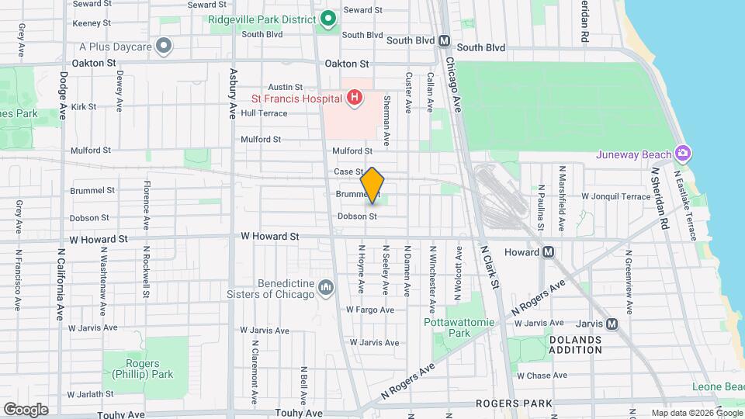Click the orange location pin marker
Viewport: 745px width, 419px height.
point(372,185)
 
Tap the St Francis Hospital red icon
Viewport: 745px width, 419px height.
point(354,98)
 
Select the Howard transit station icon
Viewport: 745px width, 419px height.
point(549,251)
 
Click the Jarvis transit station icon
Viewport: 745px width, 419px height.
point(612,324)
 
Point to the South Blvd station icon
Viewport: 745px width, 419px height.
point(445,41)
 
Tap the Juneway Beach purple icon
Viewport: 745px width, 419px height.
point(682,152)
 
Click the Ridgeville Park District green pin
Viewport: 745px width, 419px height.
point(328,17)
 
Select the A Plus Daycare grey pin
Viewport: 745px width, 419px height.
point(164,47)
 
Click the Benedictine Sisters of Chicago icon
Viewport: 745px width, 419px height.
point(326,289)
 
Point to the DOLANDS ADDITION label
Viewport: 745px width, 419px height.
point(575,345)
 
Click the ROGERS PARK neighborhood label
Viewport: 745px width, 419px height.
point(514,403)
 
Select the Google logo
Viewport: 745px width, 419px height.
point(26,409)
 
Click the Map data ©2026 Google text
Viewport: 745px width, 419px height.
point(696,413)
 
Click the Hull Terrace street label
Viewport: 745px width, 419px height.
point(264,113)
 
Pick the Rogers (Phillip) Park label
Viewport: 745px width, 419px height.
point(143,370)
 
